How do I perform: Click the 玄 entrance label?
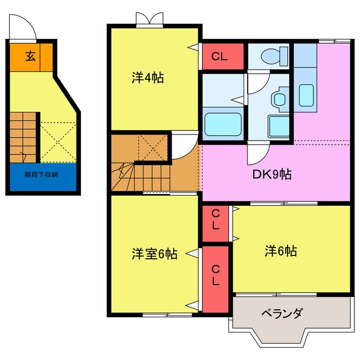coord(30,56)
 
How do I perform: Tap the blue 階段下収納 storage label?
coord(41,175)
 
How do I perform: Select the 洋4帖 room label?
coord(147,78)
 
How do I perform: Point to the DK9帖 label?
coord(272,174)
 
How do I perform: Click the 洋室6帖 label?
coord(155,254)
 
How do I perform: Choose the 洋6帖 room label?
coord(281,251)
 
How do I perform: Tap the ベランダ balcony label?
coord(282,313)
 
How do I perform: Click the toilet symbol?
coord(274,56)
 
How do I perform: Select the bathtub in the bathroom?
coord(223,124)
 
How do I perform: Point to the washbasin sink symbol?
coord(280,100)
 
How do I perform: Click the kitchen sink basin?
coord(306,95)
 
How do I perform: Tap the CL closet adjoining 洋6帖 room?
coord(215,223)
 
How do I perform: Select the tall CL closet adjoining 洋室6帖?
coord(215,279)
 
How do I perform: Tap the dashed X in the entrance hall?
coord(58,142)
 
